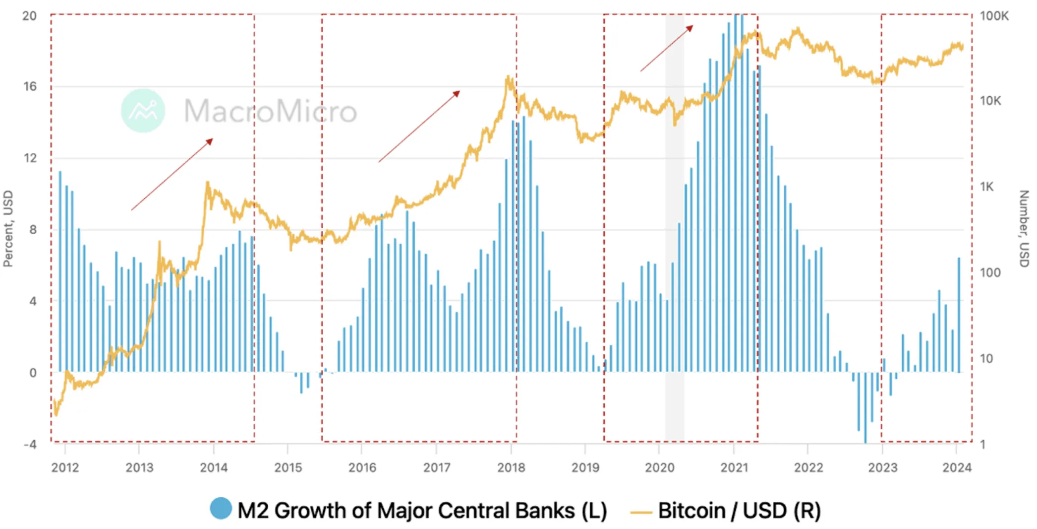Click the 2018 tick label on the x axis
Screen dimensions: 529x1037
point(511,467)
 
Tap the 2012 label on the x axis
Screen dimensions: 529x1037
point(65,467)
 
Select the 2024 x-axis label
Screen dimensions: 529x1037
point(957,467)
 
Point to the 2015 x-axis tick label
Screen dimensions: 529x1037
point(288,467)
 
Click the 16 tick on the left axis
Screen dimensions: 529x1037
point(30,87)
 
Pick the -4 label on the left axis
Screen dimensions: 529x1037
point(30,444)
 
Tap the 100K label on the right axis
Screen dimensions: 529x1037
point(994,16)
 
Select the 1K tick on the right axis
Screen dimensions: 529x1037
point(987,187)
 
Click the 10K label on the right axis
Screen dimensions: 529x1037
point(990,101)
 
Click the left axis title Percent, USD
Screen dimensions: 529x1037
point(8,228)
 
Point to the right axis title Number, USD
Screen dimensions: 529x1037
point(1024,228)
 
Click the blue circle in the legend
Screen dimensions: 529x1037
point(221,509)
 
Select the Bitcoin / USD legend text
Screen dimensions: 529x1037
point(739,511)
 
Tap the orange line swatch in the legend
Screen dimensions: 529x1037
point(640,512)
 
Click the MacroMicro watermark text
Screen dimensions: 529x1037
point(271,111)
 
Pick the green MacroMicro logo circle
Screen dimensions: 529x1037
point(143,111)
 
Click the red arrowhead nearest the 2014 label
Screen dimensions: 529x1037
point(210,141)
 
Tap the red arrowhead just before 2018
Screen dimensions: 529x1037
point(457,93)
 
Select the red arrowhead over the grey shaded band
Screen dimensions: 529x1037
point(690,28)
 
